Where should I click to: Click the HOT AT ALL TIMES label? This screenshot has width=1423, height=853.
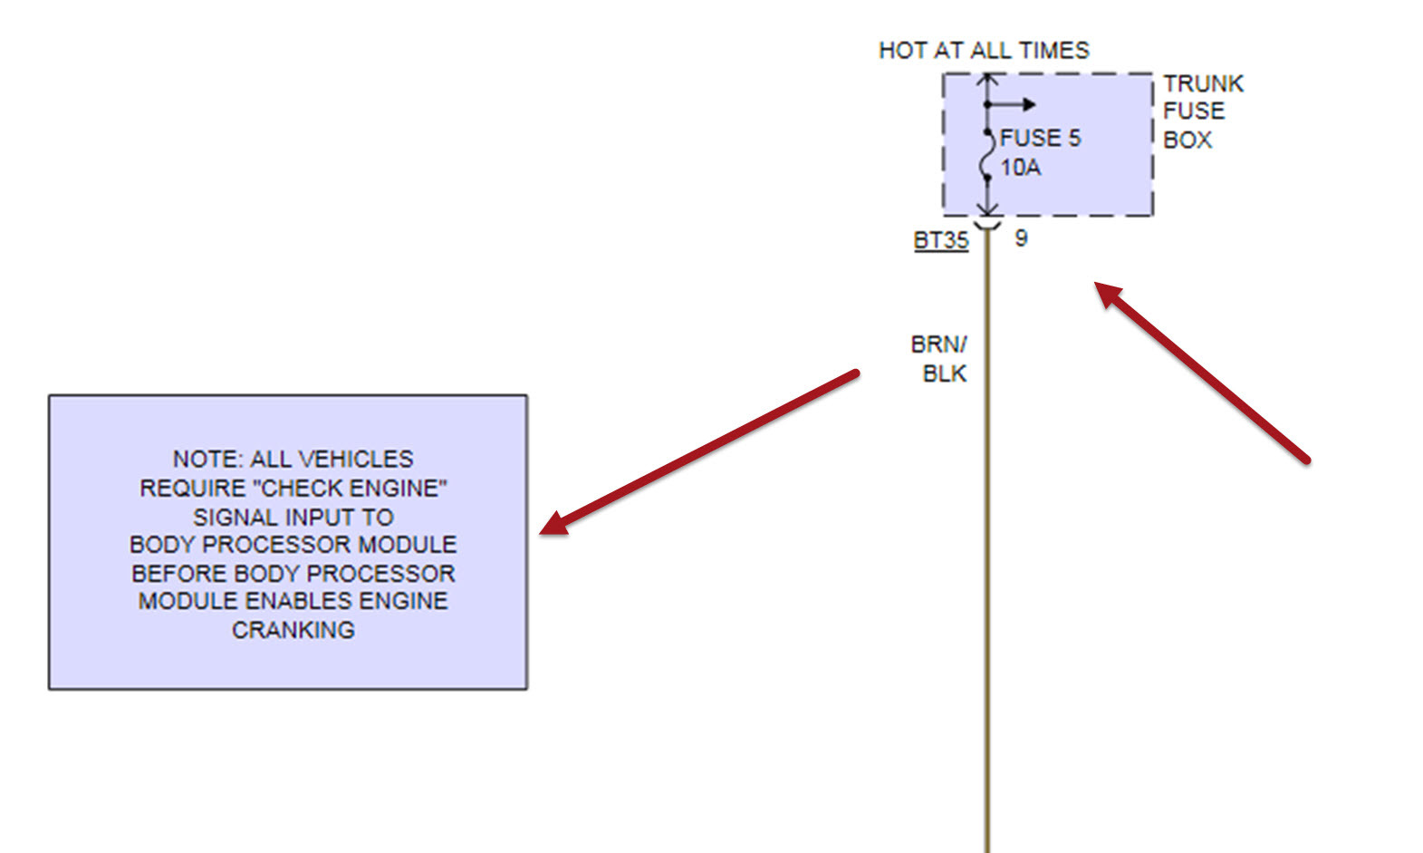tap(984, 51)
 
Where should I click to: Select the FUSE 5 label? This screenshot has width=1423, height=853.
tap(1040, 138)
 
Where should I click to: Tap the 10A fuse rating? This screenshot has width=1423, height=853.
tap(1020, 168)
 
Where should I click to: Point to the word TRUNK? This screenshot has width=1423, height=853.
tap(1203, 83)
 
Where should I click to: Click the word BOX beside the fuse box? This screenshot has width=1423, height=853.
tap(1187, 141)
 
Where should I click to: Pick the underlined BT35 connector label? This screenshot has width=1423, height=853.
tap(940, 240)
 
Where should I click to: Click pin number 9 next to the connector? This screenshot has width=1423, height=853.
tap(1021, 238)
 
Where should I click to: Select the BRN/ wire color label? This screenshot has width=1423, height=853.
tap(938, 344)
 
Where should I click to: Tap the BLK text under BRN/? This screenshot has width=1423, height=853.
tap(944, 373)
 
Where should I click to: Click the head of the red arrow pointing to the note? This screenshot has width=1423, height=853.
tap(552, 526)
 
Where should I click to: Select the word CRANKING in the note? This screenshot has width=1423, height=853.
tap(293, 630)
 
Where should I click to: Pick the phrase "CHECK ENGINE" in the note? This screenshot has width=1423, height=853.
tap(351, 489)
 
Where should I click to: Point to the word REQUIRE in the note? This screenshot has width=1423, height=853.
tap(192, 489)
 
